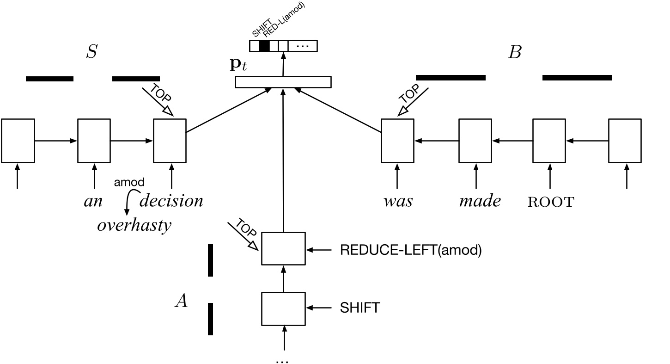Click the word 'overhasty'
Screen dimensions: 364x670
point(134,225)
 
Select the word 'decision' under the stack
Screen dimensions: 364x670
point(171,201)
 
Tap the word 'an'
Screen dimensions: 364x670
point(93,202)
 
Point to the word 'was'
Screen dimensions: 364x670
point(398,202)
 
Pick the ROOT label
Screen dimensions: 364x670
point(550,202)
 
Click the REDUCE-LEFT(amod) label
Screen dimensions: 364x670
point(411,250)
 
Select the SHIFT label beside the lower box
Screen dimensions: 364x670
point(359,308)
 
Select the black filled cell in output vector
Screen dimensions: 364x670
point(264,46)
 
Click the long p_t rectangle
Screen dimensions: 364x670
point(283,82)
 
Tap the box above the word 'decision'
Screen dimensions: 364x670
point(170,141)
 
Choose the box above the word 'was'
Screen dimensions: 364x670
point(397,141)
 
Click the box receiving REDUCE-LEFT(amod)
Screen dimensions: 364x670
point(283,248)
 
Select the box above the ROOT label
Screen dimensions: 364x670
point(549,141)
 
